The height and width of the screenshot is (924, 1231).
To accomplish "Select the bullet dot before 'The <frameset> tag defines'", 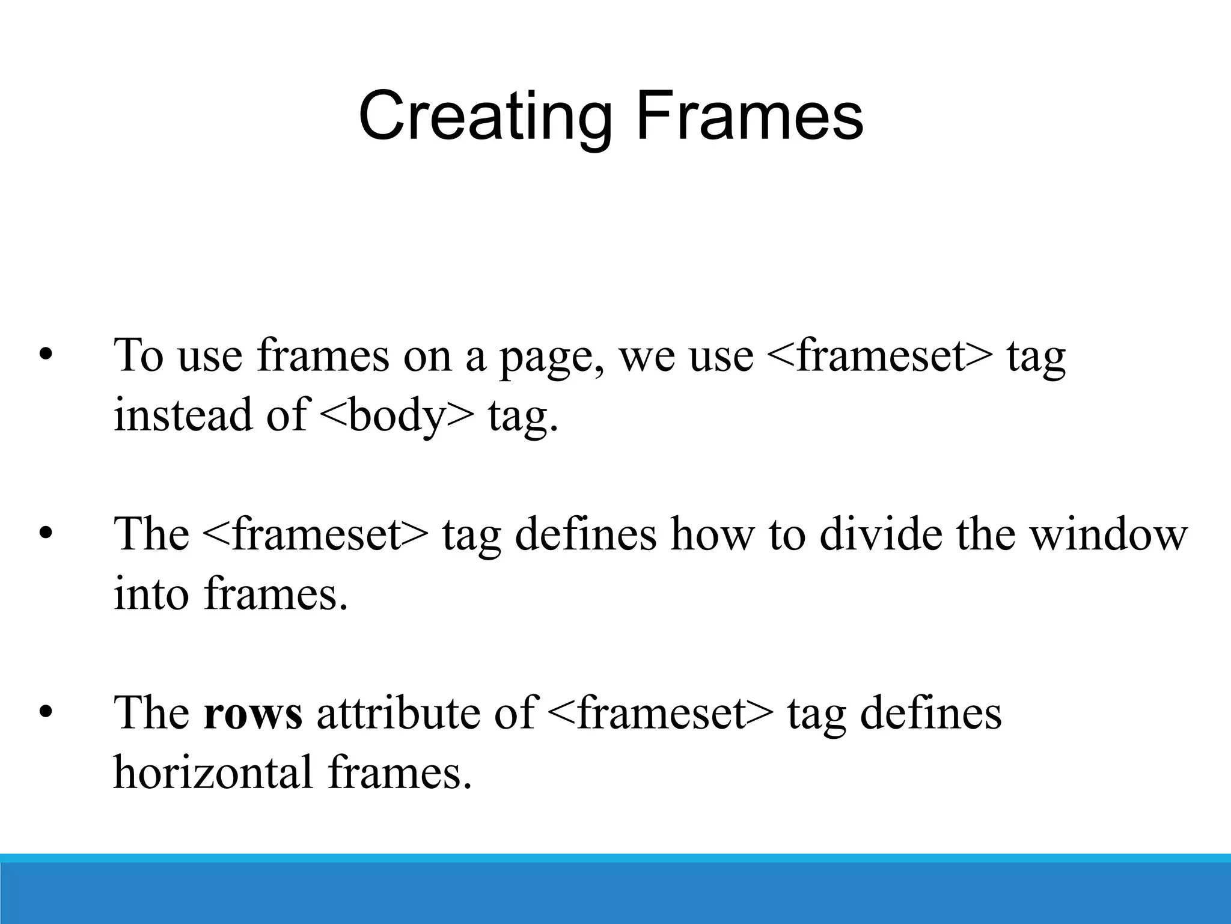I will pos(45,534).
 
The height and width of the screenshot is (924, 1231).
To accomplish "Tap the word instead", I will pos(183,415).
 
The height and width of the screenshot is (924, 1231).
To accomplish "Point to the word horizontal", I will pos(213,772).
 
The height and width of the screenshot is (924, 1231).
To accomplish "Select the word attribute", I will pos(397,713).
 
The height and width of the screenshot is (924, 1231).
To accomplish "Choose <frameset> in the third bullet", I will pos(661,713).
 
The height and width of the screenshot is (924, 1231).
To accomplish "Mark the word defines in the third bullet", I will pos(930,713).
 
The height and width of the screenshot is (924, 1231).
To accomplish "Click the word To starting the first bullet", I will pos(139,356).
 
